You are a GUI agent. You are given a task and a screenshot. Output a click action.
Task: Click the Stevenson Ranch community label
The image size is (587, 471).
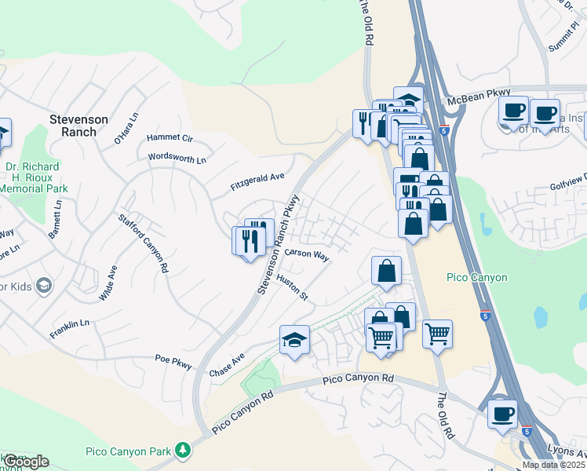coord(78,126)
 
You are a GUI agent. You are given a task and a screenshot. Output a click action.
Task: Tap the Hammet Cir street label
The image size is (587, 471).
coord(170,138)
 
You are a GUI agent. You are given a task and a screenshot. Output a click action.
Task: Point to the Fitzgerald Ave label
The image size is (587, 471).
coord(257,181)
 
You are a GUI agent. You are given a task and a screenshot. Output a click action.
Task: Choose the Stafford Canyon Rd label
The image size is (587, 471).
coord(143,243)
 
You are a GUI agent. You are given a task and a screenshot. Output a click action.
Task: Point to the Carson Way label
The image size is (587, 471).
coord(306,254)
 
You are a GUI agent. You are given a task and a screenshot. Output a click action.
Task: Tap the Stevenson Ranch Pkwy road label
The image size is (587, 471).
coord(279,245)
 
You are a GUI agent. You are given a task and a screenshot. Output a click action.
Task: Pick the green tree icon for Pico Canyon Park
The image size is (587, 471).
coord(183,450)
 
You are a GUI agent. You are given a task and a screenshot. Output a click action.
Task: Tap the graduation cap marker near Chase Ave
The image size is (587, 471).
coord(295,340)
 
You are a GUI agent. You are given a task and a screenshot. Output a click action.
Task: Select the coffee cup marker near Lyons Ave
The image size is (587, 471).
coord(502,413)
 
